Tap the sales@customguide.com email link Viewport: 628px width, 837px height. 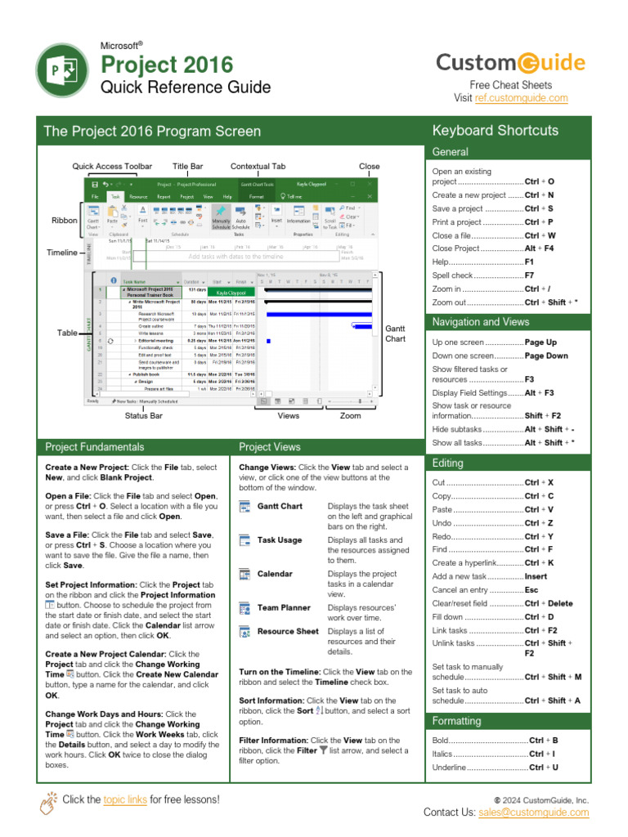545,812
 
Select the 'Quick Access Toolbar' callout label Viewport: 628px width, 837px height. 112,166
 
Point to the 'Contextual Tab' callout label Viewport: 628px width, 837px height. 258,166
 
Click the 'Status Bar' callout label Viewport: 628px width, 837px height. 143,416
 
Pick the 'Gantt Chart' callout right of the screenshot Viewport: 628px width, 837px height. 395,333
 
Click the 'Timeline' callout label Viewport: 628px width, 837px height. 61,253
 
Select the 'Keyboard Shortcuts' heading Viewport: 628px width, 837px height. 495,131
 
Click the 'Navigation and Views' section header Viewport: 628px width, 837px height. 481,322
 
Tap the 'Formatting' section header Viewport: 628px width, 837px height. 456,721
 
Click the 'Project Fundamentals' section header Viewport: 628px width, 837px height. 95,447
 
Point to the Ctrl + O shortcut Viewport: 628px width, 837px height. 540,181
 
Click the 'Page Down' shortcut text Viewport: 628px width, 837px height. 546,356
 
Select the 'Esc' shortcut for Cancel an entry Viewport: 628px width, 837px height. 532,590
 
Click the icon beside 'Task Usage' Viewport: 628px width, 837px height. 244,540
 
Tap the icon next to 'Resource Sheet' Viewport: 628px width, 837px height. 244,632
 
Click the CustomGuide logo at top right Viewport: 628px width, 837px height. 510,63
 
